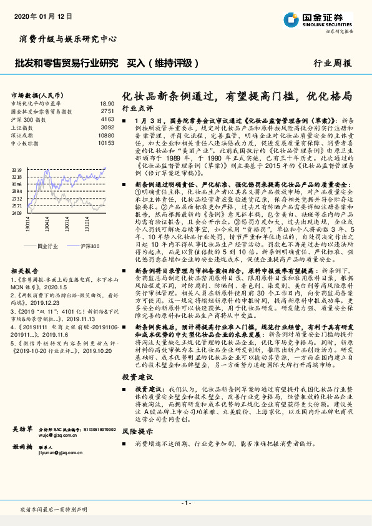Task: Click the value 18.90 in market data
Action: [107, 103]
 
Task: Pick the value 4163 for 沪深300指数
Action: [107, 119]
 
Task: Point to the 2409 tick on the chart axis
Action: [17, 213]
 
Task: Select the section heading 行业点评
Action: [137, 108]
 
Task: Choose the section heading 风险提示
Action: [137, 431]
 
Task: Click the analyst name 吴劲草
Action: [22, 430]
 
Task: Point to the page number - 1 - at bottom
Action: [185, 502]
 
